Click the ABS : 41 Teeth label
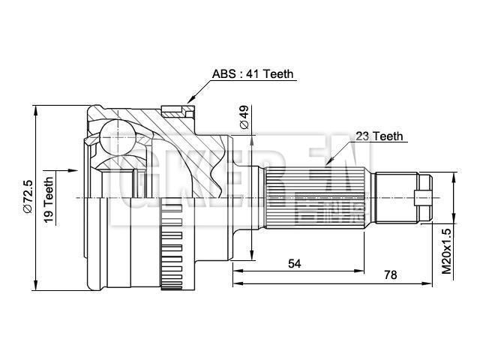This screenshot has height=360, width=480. pos(252,74)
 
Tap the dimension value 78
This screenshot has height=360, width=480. pos(390,275)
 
